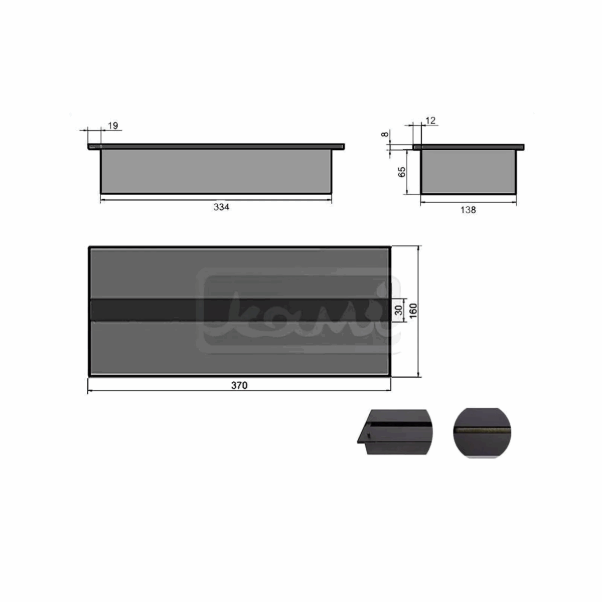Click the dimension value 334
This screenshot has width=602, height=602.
[221, 207]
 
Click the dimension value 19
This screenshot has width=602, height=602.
[113, 125]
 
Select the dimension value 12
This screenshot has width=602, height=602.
[430, 120]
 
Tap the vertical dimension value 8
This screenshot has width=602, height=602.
[384, 134]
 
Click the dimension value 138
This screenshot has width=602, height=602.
[468, 210]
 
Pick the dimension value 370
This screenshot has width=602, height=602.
[239, 386]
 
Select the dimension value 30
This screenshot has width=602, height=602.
[399, 310]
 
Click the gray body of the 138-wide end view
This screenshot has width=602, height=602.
[468, 172]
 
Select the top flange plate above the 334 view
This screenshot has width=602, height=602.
[217, 146]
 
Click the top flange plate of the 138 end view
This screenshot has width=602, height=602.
[468, 147]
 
